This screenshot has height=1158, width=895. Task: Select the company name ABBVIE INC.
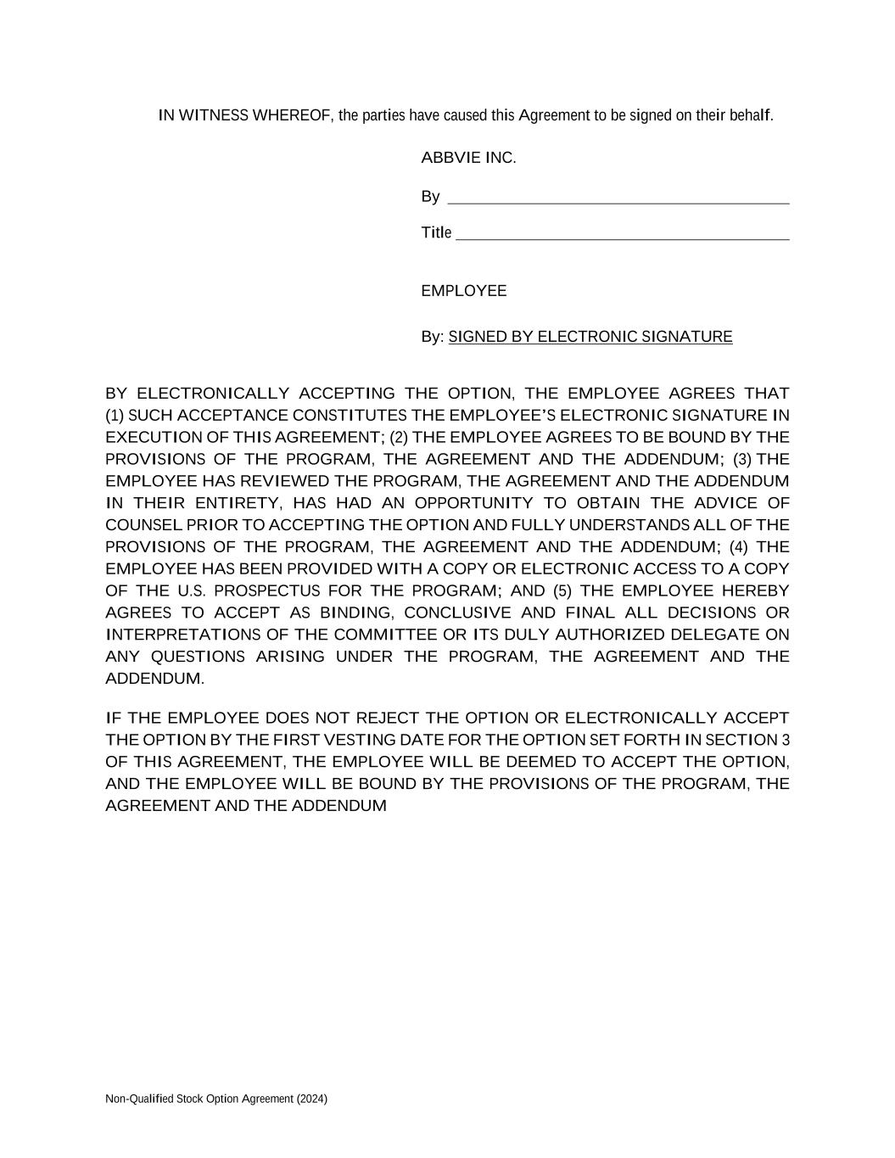[x=468, y=158]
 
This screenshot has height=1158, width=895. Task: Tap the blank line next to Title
[x=622, y=235]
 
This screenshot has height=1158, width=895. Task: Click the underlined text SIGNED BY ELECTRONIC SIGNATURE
[x=590, y=337]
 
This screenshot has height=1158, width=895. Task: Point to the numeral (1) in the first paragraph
[x=115, y=416]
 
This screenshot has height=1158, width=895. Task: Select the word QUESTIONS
[x=198, y=657]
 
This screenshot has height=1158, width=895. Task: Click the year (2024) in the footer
[x=311, y=1099]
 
